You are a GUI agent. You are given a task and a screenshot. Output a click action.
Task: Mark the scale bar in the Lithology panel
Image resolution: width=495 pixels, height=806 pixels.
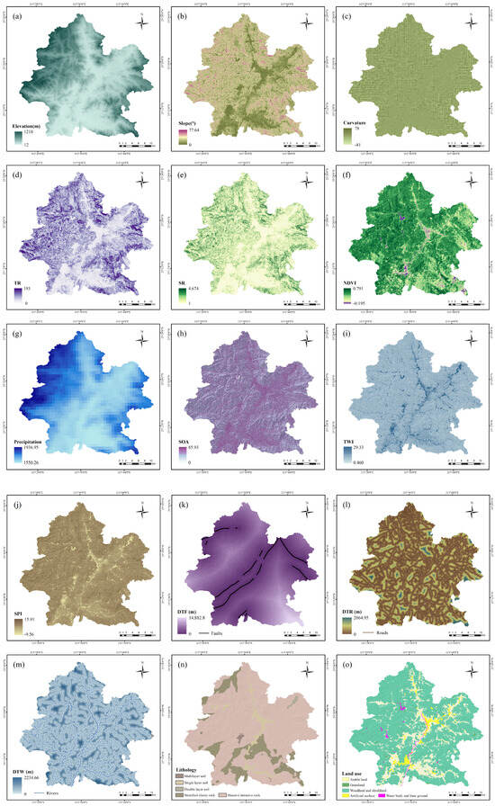(292, 793)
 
